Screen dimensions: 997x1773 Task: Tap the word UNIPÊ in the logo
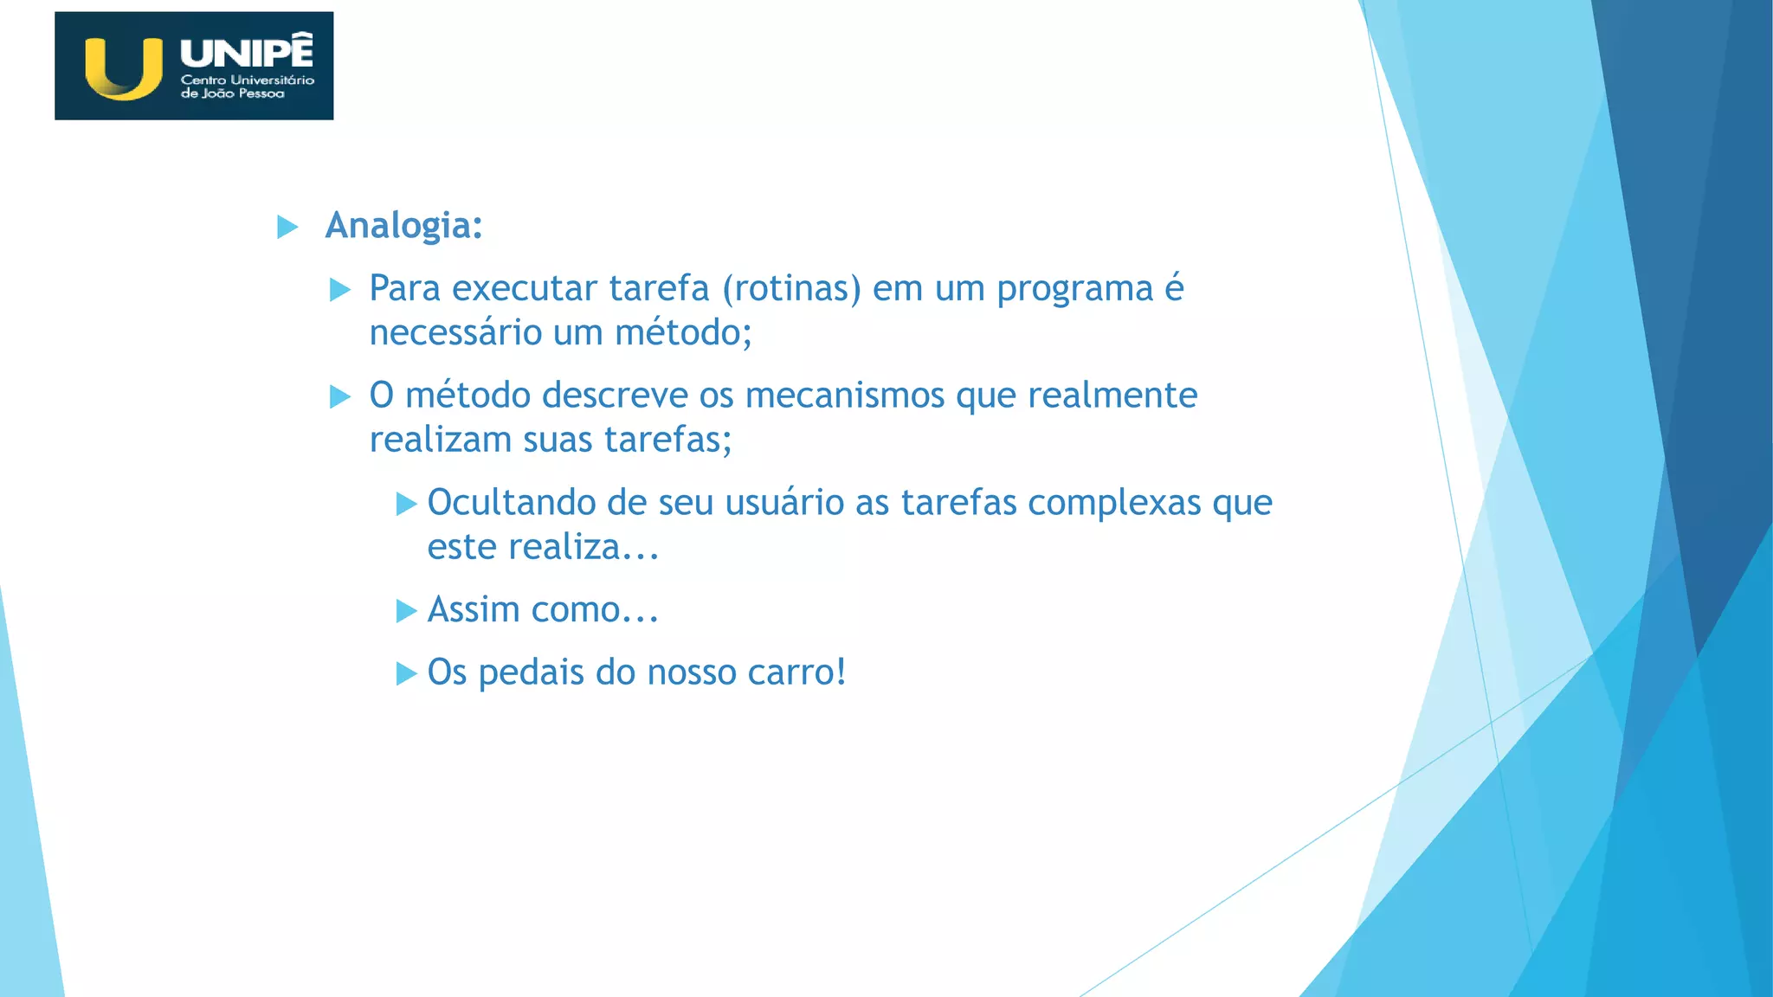click(x=247, y=52)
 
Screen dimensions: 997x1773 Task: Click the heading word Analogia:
click(x=403, y=226)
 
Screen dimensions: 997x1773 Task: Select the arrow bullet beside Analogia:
click(x=287, y=228)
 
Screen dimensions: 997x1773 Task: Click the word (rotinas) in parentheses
click(x=792, y=289)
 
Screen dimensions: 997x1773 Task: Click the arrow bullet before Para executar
click(x=340, y=290)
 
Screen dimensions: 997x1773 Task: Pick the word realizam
click(x=441, y=441)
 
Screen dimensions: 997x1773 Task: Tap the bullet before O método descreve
click(x=340, y=397)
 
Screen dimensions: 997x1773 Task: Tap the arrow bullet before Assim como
click(x=406, y=611)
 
